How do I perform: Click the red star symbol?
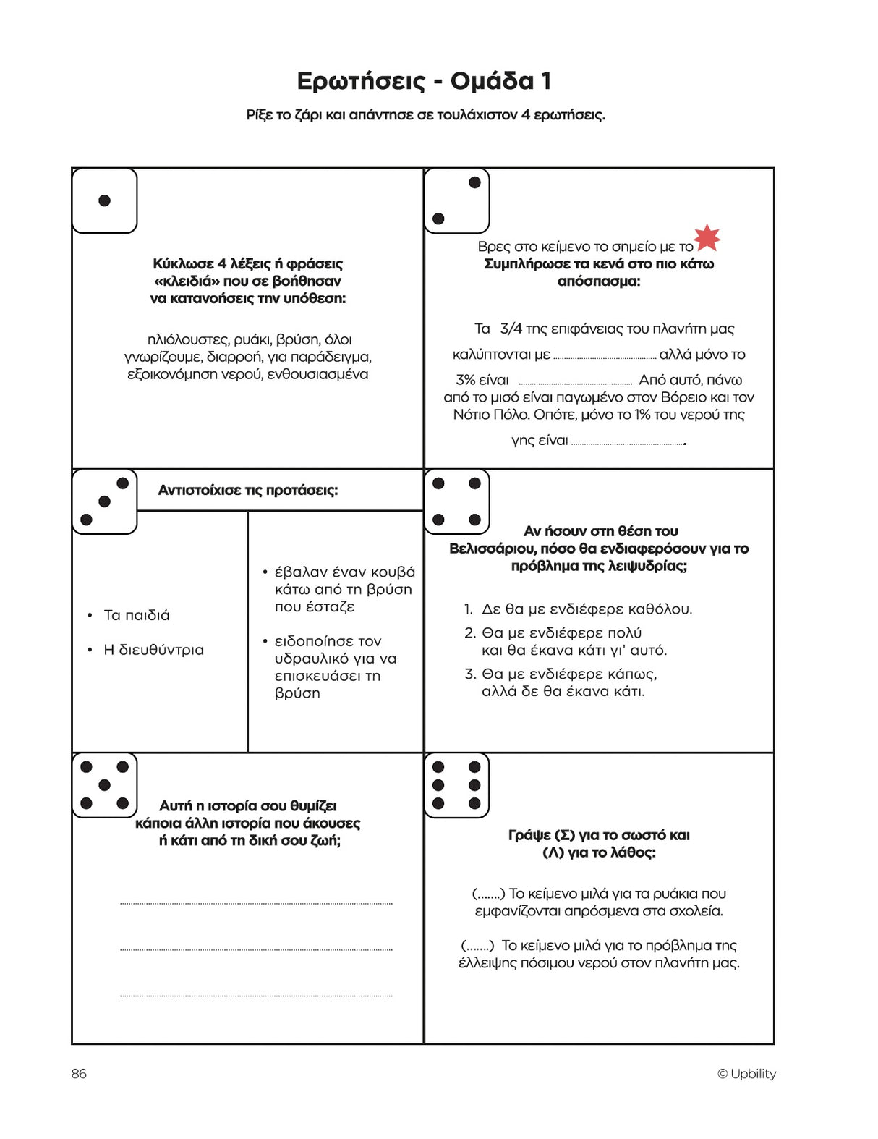coord(707,237)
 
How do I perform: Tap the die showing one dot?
coord(105,200)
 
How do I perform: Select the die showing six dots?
coord(456,785)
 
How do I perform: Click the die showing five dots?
coord(105,785)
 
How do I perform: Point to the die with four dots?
coord(456,501)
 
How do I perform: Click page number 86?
coord(79,1074)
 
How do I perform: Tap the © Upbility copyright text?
coord(746,1074)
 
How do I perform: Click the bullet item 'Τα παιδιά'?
coord(137,615)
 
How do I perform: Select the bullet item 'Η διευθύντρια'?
coord(153,650)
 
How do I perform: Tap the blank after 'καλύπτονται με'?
coord(605,356)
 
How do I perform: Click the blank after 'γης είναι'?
coord(627,441)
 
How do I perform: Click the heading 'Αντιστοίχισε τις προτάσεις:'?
coord(248,490)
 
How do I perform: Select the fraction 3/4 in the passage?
coord(511,329)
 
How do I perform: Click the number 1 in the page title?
coord(546,81)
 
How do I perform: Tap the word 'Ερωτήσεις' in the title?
coord(361,81)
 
